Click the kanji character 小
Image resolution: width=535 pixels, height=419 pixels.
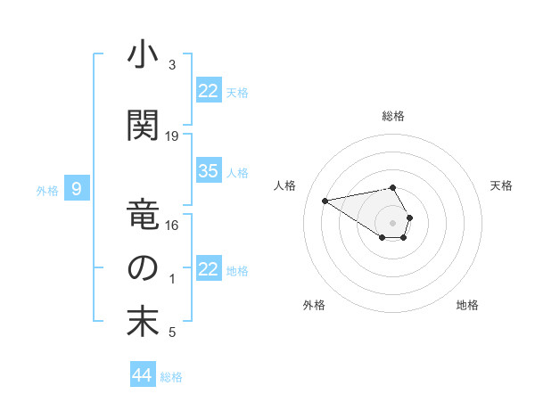143,56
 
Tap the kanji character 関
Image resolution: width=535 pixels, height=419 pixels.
143,126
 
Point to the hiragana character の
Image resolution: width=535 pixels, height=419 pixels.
143,268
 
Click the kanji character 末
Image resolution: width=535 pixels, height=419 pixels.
143,322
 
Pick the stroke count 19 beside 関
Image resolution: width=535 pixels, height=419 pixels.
172,136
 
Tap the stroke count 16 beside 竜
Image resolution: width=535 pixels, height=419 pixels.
172,226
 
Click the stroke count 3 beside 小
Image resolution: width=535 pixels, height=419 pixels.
172,65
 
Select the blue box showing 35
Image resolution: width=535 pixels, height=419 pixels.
209,171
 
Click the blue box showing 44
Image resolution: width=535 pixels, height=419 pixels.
142,375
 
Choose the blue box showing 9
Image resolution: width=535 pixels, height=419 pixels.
78,188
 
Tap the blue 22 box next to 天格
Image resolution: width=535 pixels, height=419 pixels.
209,91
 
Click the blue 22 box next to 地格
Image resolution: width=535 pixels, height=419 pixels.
209,269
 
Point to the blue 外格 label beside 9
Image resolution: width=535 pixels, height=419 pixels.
47,190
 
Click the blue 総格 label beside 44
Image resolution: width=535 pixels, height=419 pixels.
171,377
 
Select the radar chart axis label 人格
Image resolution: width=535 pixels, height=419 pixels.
285,185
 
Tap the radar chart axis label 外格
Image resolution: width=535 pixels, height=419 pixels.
314,305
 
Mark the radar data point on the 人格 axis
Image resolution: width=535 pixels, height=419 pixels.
325,200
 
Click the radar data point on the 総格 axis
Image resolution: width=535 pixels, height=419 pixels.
393,188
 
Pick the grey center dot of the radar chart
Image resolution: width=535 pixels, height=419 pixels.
393,222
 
